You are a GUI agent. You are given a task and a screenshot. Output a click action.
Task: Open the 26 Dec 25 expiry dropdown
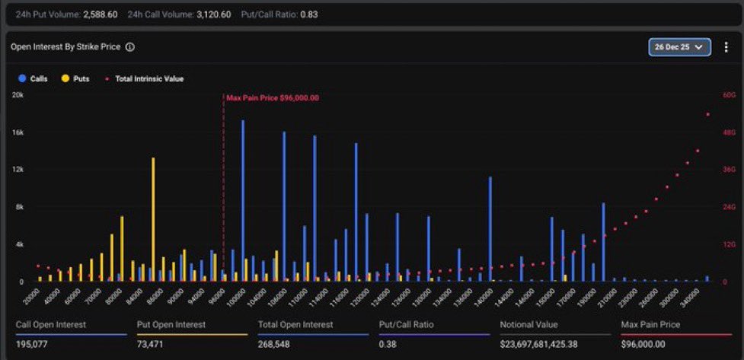click(x=679, y=47)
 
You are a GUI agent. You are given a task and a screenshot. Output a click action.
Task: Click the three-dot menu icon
click(x=726, y=47)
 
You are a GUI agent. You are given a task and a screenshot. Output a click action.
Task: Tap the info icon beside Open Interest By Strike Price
click(x=129, y=47)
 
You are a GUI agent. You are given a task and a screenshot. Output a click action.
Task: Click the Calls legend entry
click(x=34, y=78)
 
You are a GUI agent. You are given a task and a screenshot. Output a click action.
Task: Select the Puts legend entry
click(x=75, y=78)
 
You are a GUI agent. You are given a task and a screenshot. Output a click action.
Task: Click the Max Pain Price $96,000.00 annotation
click(x=273, y=98)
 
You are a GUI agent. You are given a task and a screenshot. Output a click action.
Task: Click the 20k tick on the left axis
click(x=18, y=95)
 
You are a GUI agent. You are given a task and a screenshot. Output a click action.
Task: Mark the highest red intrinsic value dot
click(x=707, y=115)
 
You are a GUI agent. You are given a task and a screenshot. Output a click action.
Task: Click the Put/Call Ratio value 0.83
click(x=308, y=14)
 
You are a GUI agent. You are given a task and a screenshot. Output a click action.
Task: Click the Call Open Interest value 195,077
click(x=32, y=344)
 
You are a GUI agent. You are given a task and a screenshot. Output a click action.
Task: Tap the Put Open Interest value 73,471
click(x=151, y=344)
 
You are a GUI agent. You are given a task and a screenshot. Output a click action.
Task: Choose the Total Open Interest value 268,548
click(x=276, y=344)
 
